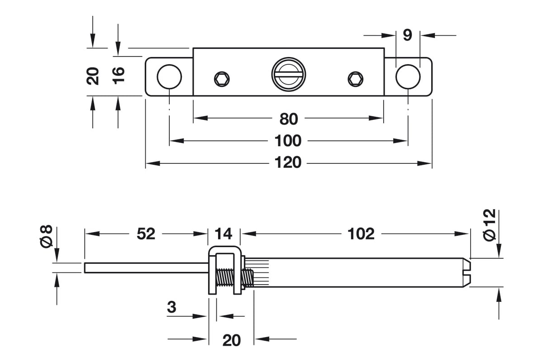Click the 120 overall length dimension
(x=288, y=162)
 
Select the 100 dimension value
(x=288, y=141)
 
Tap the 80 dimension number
(x=289, y=119)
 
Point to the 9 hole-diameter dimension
(x=407, y=35)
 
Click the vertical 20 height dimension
(x=93, y=76)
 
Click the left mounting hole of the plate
(x=169, y=76)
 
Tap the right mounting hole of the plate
(x=408, y=76)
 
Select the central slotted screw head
(x=288, y=74)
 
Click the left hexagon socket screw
(x=222, y=79)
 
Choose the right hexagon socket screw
(x=355, y=79)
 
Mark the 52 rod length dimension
(x=146, y=233)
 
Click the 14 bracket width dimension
(x=224, y=233)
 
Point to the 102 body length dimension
(x=361, y=233)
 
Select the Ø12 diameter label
(x=490, y=224)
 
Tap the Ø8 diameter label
(x=47, y=236)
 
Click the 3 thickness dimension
(x=171, y=307)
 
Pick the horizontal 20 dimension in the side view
(x=231, y=340)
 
